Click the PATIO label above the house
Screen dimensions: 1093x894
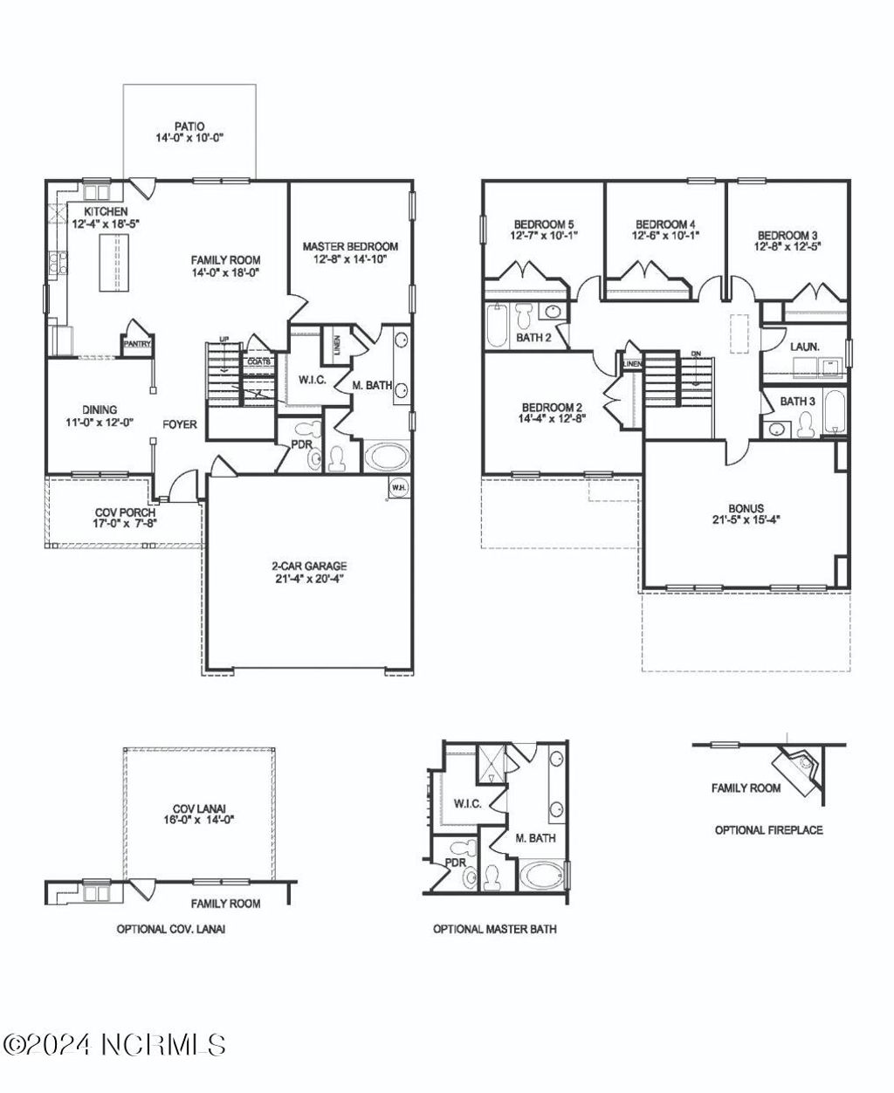point(189,127)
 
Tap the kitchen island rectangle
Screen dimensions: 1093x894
point(111,265)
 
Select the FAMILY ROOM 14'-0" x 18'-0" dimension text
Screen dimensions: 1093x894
point(226,272)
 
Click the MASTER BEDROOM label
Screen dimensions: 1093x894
point(350,246)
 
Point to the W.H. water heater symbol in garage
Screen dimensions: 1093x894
point(398,487)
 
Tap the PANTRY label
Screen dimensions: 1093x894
point(137,344)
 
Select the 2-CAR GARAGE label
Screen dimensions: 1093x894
point(307,566)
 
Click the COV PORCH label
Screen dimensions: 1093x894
point(120,512)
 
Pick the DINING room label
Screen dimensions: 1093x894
point(100,409)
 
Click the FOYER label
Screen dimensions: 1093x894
point(180,425)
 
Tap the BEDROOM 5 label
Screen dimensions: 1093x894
point(543,223)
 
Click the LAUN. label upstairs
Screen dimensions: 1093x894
point(805,347)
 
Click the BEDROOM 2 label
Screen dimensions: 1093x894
point(552,407)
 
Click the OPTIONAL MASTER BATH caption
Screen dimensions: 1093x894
point(495,929)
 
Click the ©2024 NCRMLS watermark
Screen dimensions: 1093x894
point(114,1043)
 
